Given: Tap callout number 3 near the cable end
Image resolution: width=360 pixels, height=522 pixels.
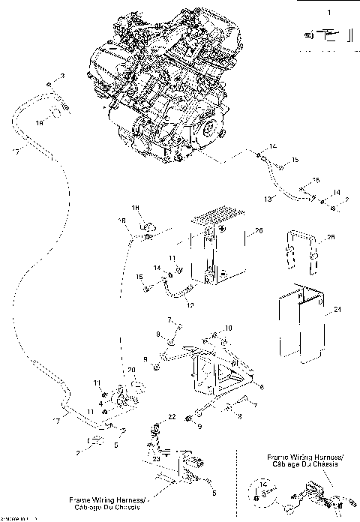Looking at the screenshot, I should (x=62, y=76).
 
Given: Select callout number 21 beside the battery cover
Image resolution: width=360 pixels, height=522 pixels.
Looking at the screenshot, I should (x=337, y=310).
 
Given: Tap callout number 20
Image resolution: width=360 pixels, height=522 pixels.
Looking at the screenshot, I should (x=131, y=370).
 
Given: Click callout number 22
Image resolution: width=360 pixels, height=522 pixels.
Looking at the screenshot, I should (x=171, y=416).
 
